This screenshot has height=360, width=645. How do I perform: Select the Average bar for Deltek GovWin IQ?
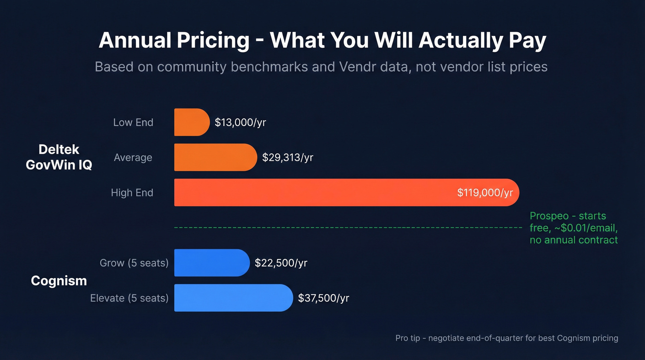[215, 157]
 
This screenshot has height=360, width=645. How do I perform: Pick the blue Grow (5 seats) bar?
[211, 263]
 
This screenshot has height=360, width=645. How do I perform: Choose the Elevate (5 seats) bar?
[233, 298]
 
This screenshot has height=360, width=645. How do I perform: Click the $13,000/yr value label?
[240, 122]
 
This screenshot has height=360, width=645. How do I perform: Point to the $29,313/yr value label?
[287, 157]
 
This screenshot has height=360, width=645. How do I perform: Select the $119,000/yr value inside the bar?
[485, 192]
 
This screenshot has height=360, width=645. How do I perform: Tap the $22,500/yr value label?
[281, 263]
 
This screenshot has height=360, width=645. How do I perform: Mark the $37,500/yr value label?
[323, 298]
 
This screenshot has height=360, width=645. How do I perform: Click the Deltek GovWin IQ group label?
[59, 157]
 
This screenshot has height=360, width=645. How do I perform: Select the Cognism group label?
[59, 280]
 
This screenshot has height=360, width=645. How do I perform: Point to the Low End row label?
[133, 123]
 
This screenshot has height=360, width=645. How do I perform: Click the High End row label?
[132, 193]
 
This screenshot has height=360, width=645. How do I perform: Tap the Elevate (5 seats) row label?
[129, 298]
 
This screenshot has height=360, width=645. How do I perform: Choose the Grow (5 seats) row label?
[134, 263]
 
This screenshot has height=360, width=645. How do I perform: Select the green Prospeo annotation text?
[574, 228]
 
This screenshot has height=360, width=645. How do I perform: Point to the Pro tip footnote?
[507, 338]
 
